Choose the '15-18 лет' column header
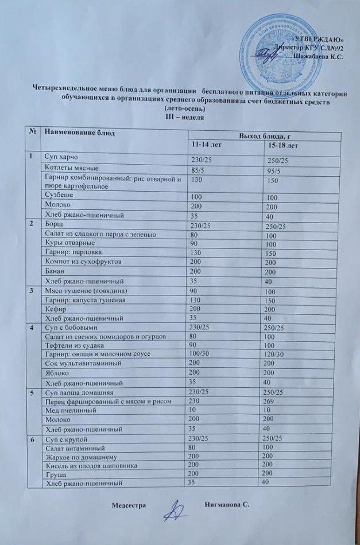click(282, 147)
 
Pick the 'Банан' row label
click(56, 270)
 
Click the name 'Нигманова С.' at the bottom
click(228, 504)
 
